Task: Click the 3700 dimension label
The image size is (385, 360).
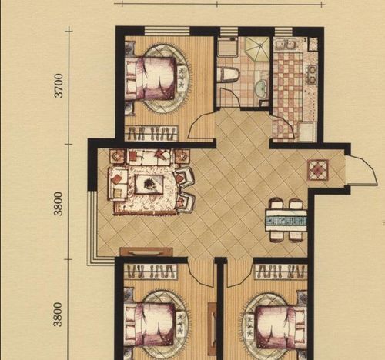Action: point(59,85)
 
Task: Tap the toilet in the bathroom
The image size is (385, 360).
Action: point(228,75)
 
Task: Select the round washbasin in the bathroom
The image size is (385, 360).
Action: point(262,88)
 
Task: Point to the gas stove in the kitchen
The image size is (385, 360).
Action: point(311,74)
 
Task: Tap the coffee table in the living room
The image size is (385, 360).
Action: point(149,184)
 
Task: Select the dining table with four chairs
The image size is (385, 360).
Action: point(286,221)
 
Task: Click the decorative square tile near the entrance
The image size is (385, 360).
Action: point(318,170)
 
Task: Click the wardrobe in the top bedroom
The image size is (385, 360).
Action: point(152,133)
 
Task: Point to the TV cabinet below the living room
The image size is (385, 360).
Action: point(146,252)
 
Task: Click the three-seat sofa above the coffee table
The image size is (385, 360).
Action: point(149,157)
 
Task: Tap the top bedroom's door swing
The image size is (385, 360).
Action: point(202,125)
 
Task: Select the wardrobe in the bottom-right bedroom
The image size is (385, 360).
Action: point(280,272)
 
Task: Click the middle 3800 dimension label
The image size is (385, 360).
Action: point(59,203)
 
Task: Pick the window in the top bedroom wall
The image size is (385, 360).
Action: point(167,31)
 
